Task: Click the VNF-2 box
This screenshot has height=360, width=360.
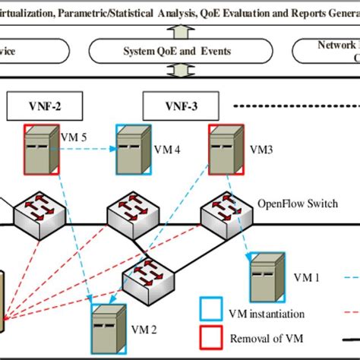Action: click(43, 106)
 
